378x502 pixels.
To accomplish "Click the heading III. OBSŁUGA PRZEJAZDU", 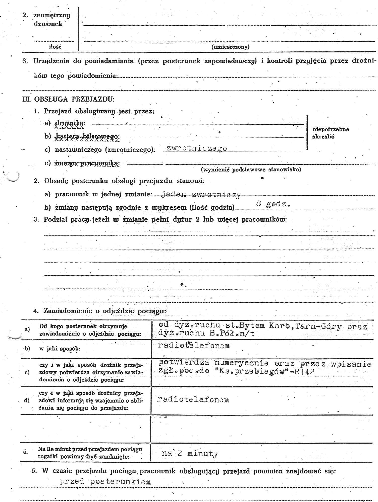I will tap(68, 99).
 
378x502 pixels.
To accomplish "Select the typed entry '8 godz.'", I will tap(273, 204).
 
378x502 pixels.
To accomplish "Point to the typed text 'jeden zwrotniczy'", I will tap(200, 195).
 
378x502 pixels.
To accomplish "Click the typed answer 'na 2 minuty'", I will tap(190, 453).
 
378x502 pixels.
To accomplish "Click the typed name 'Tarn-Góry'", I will tap(318, 326).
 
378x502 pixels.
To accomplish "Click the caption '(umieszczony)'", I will tap(230, 47).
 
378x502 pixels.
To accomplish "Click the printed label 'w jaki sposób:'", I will tap(60, 349).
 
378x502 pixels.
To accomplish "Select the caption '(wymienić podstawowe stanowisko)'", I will tap(251, 170).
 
